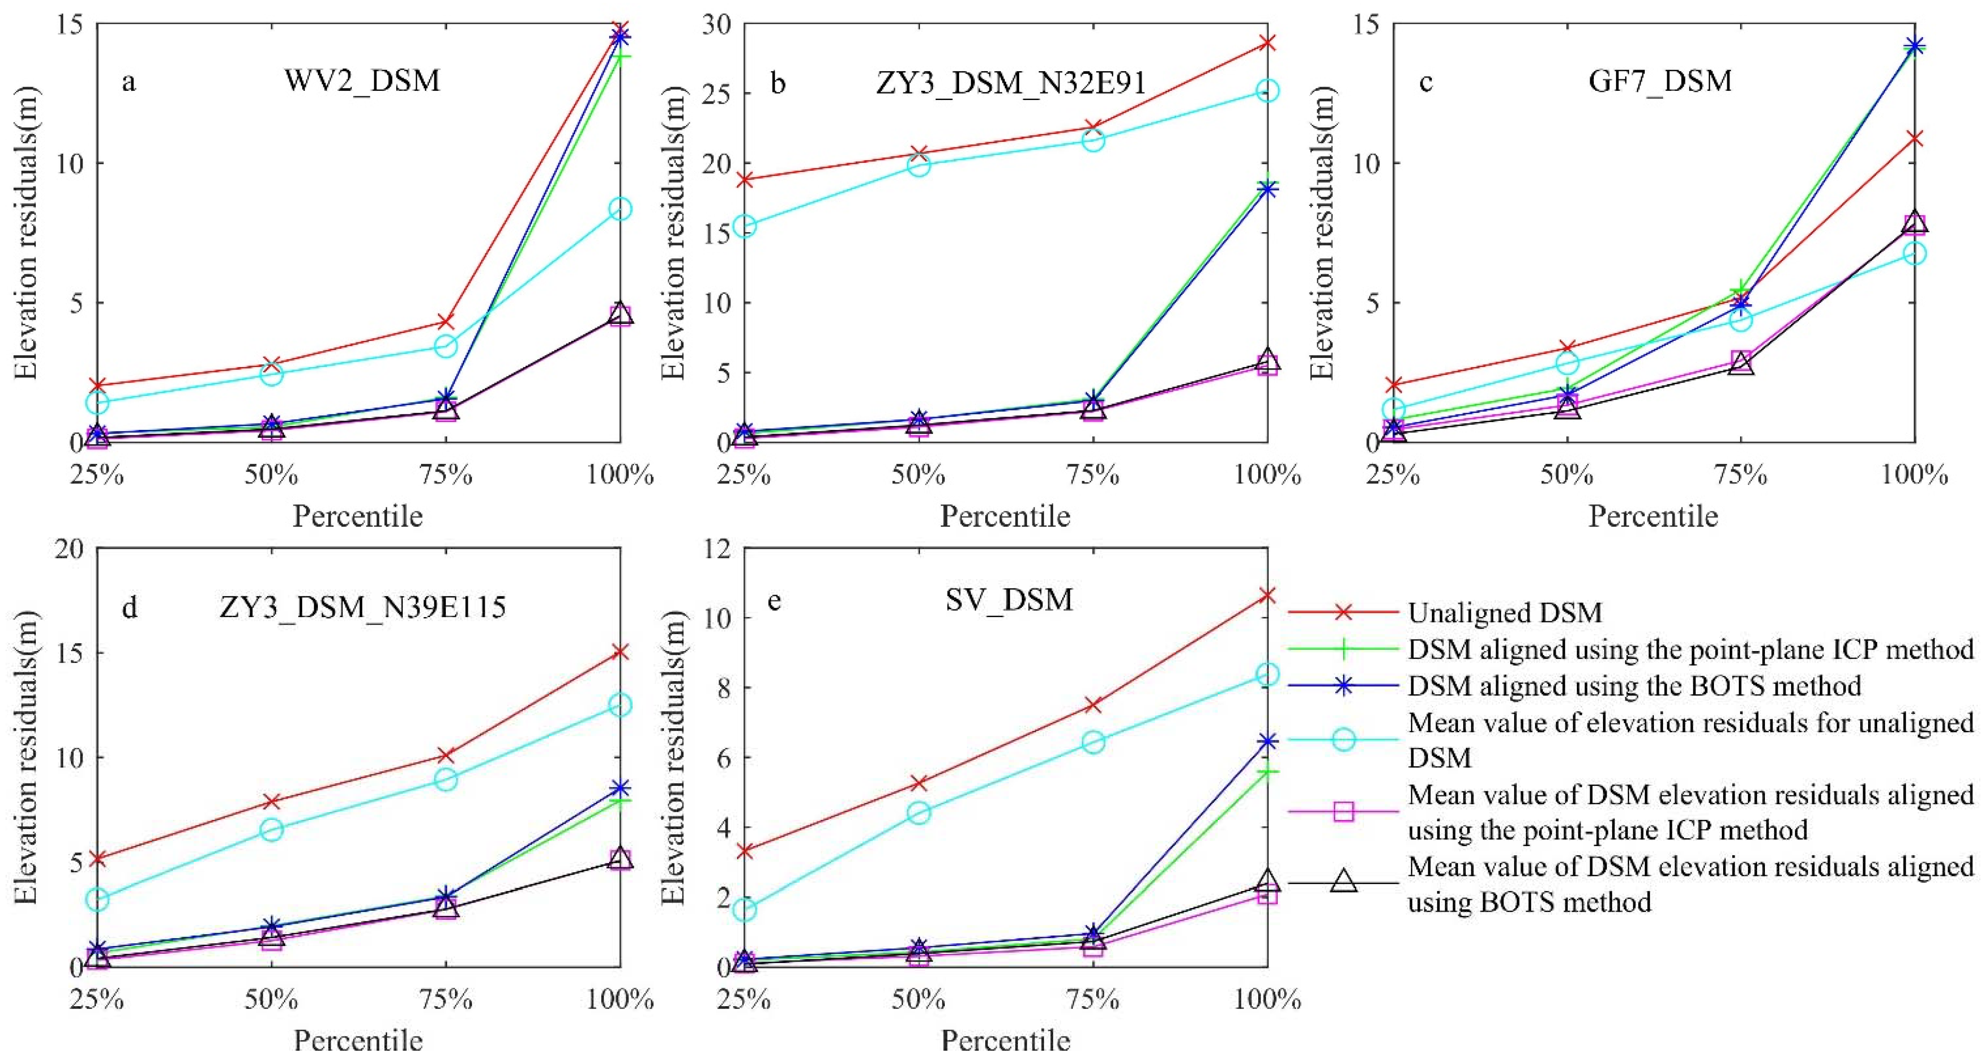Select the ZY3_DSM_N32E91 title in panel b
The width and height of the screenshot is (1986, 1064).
click(x=1011, y=83)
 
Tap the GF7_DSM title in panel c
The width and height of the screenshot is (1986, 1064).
click(x=1660, y=81)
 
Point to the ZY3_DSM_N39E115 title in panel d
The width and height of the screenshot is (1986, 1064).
click(x=362, y=607)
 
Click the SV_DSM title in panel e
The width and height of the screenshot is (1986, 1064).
click(x=1009, y=600)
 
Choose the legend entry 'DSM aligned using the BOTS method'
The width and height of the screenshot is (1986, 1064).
click(x=1635, y=685)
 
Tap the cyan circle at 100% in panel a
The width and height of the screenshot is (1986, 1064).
click(x=620, y=209)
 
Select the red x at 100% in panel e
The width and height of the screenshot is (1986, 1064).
click(x=1267, y=595)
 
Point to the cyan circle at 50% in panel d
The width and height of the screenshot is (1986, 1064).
click(x=272, y=830)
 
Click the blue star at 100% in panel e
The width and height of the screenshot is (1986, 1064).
click(x=1267, y=742)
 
